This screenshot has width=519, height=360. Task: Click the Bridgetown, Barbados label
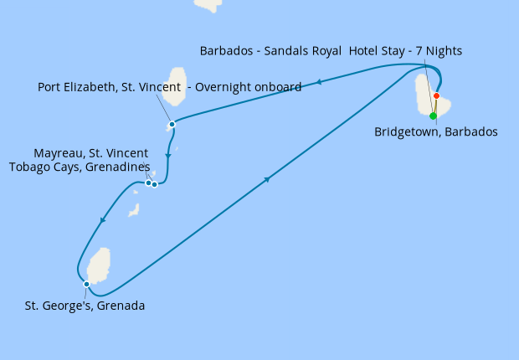(x=436, y=131)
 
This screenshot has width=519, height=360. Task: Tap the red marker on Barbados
(x=436, y=95)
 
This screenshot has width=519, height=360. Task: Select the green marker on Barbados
(x=433, y=116)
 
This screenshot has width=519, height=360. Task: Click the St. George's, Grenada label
(x=85, y=306)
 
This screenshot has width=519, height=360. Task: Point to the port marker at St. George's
(x=86, y=284)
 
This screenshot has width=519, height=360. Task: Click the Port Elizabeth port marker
(x=172, y=125)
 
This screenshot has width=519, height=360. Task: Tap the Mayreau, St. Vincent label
(x=91, y=153)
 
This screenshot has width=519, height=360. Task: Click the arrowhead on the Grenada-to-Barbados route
(x=267, y=179)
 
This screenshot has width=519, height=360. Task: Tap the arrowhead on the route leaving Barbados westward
(x=319, y=82)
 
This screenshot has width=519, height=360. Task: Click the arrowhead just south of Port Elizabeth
(x=168, y=155)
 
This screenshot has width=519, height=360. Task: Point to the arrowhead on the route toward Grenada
(x=102, y=220)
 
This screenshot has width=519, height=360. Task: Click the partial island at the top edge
(x=208, y=4)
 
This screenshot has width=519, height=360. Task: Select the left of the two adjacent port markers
(x=148, y=183)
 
